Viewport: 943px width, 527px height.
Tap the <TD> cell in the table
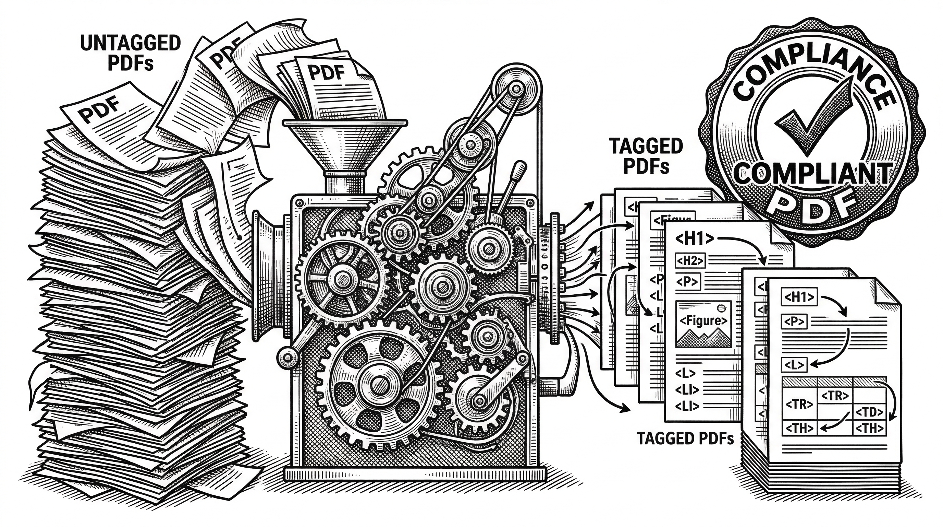tap(870, 412)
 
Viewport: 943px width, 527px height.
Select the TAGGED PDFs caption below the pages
tap(685, 439)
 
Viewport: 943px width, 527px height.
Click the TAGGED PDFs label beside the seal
tap(646, 156)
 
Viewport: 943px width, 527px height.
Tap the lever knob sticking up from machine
tap(520, 171)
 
